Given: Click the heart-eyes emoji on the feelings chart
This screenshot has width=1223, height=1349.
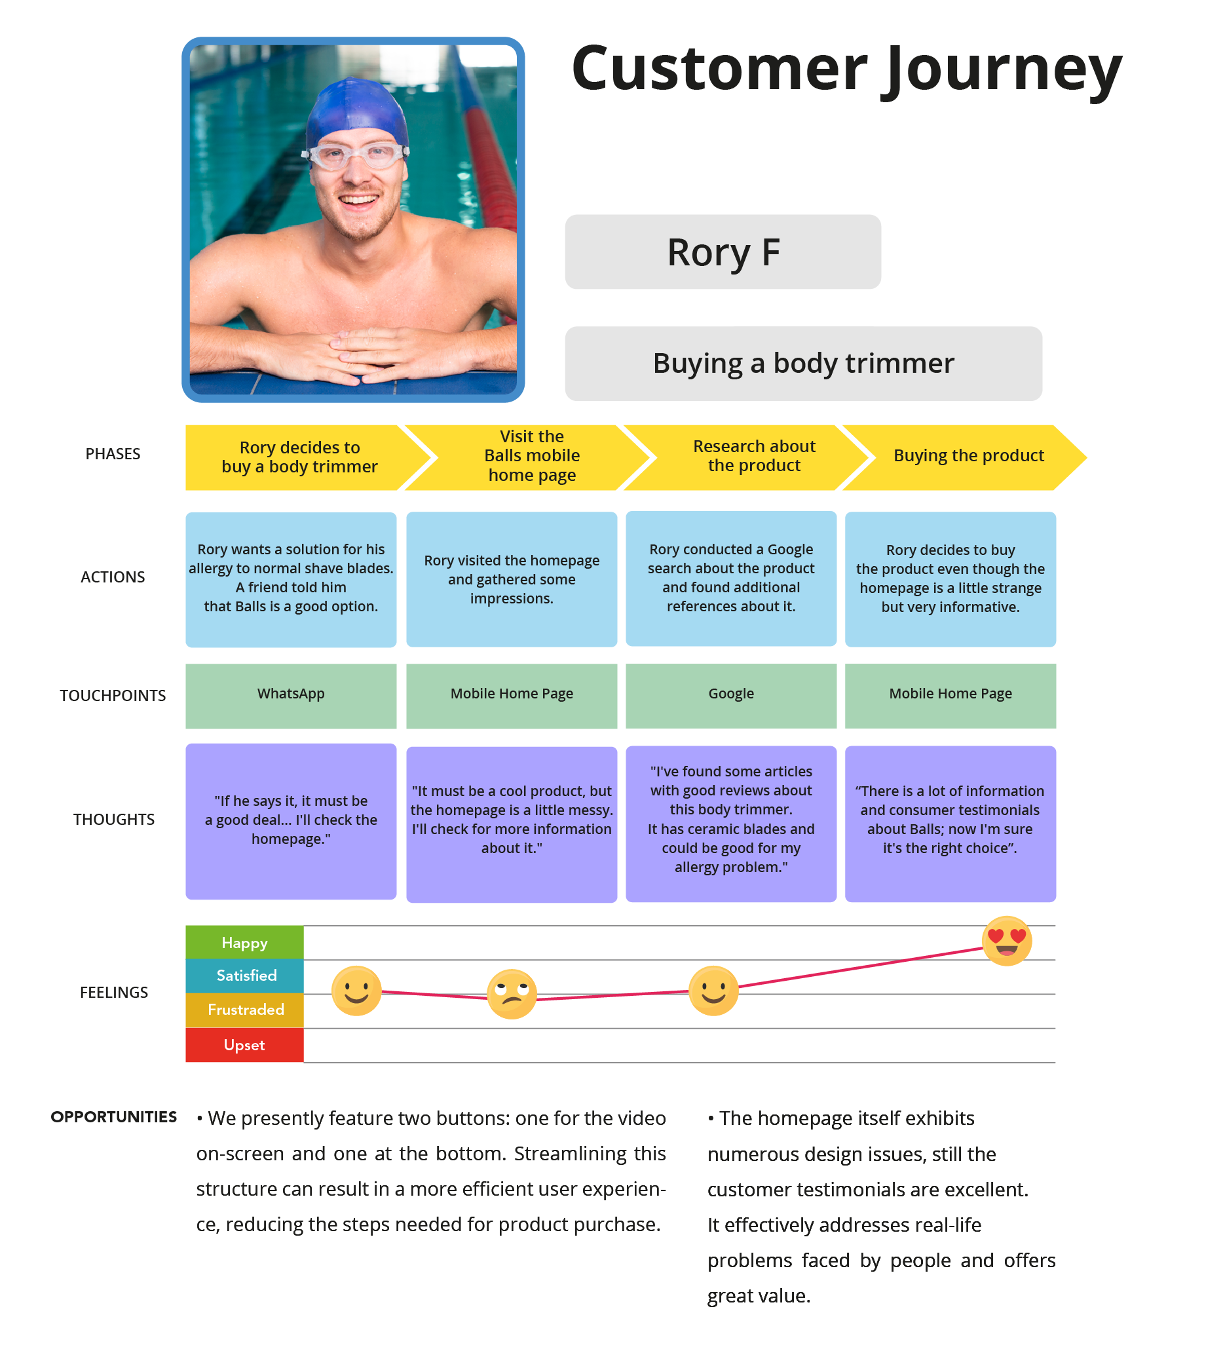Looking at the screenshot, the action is tap(1007, 941).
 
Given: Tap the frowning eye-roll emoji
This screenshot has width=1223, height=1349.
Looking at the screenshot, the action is tap(512, 994).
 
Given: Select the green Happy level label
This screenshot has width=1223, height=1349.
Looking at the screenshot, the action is tap(244, 943).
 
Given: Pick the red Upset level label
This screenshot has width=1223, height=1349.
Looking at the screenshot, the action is tap(244, 1045).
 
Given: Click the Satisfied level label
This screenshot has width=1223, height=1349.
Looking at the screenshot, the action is tap(244, 976).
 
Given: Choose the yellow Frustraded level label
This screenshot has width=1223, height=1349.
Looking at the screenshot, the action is tap(244, 1010).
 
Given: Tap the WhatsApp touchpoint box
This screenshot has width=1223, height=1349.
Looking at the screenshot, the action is tap(291, 695).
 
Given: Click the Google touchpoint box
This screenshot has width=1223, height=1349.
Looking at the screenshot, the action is tap(730, 695).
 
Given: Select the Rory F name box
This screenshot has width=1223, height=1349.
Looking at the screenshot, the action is tap(723, 252).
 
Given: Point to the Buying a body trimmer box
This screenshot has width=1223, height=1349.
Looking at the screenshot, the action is tap(803, 364).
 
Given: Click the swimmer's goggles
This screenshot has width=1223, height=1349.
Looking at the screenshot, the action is tap(356, 156).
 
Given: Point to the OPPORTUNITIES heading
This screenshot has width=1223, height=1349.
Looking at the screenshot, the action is tap(114, 1117).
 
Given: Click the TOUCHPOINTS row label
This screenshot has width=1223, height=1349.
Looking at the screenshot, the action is tap(113, 696).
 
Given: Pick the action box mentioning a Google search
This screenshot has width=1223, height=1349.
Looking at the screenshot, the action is tap(730, 579).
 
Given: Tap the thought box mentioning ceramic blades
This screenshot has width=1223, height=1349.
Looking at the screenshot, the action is tap(730, 824).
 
